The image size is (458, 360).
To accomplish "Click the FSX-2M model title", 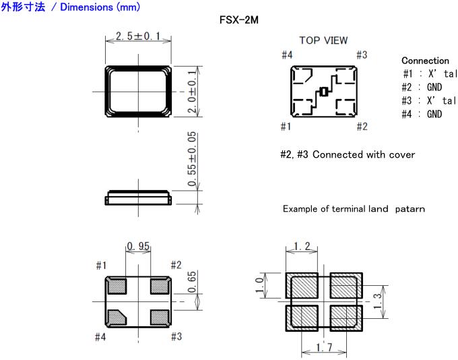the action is (x=239, y=20).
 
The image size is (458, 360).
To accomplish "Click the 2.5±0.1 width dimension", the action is (x=138, y=36).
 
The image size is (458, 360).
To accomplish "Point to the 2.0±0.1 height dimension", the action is (x=191, y=91).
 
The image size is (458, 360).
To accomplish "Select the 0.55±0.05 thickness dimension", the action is (x=191, y=159).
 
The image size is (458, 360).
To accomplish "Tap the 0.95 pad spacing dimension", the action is (x=138, y=246).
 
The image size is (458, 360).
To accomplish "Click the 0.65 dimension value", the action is (x=191, y=282).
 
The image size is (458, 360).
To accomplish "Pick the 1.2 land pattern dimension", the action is (x=302, y=246).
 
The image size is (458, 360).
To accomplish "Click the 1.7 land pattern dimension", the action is (x=324, y=347).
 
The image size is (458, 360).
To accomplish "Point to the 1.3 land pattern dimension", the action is (x=377, y=301).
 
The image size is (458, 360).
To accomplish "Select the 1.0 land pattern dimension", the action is (x=259, y=285).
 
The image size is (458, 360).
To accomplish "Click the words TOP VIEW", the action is (x=324, y=40).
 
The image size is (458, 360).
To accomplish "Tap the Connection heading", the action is (x=425, y=61).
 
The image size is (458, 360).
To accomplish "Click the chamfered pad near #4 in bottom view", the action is (x=117, y=318).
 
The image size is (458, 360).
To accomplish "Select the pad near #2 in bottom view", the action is (x=160, y=287).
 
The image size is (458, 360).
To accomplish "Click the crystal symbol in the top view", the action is (x=324, y=92).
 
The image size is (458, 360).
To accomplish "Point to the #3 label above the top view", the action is (x=362, y=55).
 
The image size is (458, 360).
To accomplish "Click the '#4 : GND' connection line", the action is (x=422, y=114).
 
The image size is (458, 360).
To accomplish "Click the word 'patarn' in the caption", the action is (x=410, y=209).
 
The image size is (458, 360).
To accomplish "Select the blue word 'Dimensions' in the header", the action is (x=86, y=7).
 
